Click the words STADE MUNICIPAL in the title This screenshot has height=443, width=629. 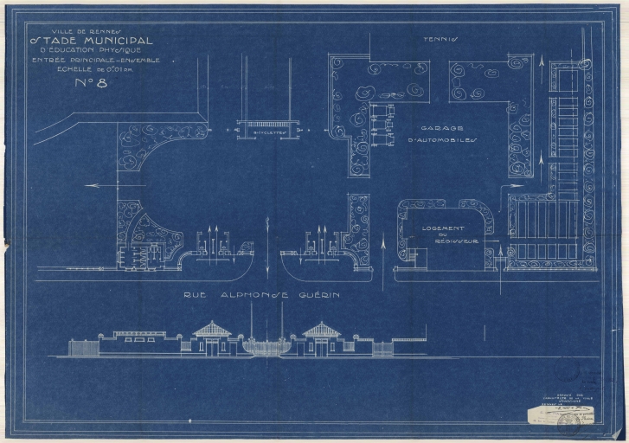pyautogui.click(x=92, y=41)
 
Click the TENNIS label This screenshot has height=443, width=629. pyautogui.click(x=440, y=39)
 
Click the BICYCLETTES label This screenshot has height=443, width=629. pyautogui.click(x=266, y=133)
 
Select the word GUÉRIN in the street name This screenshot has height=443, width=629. pyautogui.click(x=316, y=295)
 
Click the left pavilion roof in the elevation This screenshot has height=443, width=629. pyautogui.click(x=211, y=330)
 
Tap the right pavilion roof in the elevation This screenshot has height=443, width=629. pyautogui.click(x=322, y=330)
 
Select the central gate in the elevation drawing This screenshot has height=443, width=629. pyautogui.click(x=266, y=346)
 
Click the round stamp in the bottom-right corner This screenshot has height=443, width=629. pyautogui.click(x=568, y=421)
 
